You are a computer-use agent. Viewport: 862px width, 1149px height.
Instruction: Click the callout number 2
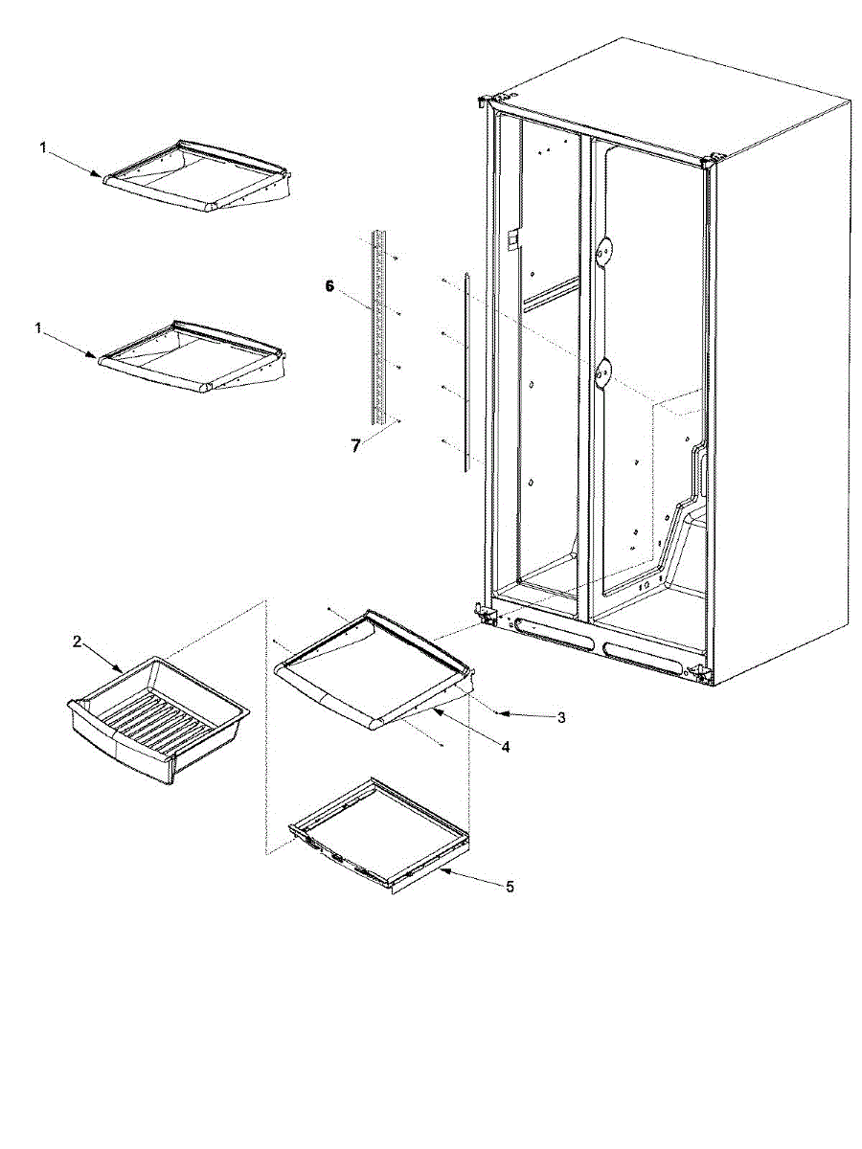[77, 642]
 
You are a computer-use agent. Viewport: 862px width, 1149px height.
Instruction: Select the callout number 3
[561, 717]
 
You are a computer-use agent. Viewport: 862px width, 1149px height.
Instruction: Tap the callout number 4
[505, 747]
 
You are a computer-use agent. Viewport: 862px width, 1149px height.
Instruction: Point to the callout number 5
[510, 887]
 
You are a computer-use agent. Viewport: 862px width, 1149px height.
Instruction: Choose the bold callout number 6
[329, 286]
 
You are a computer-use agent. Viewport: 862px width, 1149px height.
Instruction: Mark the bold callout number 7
[356, 446]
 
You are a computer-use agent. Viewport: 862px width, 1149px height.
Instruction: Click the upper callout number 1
[43, 148]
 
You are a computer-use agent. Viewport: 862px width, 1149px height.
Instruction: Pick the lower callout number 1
[37, 328]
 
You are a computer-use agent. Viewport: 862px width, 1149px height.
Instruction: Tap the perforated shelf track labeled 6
[379, 327]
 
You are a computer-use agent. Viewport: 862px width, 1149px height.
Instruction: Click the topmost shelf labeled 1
[198, 175]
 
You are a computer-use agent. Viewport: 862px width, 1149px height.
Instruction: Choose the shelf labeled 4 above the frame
[374, 669]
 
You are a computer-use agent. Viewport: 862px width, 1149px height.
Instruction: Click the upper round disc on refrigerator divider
[603, 252]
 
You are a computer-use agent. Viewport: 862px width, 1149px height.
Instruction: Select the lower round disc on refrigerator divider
[603, 373]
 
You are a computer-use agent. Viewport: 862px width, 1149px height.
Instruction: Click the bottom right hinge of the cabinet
[701, 674]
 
